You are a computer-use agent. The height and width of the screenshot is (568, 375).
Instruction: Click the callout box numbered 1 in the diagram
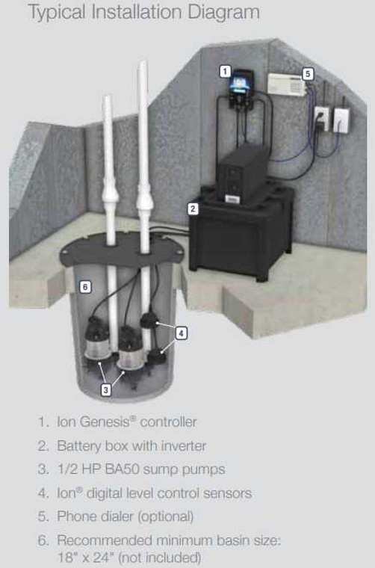click(224, 71)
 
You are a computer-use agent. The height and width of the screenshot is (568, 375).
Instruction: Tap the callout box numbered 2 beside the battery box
click(192, 209)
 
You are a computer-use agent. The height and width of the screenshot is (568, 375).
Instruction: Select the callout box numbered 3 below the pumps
click(105, 389)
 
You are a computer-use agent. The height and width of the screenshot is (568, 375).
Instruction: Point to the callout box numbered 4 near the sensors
click(182, 332)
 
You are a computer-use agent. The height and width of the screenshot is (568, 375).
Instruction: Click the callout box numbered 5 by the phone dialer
click(308, 73)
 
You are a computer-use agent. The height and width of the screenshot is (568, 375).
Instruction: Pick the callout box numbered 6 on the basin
click(85, 286)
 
